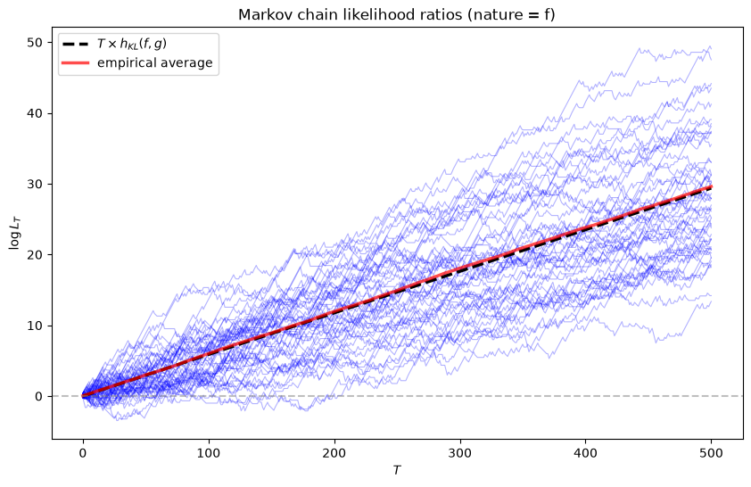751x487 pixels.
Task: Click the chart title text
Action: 397,14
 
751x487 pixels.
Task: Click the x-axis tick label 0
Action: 83,453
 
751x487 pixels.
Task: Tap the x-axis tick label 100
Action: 209,453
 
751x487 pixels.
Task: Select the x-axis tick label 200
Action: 334,453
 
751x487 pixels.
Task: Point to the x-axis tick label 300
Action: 460,453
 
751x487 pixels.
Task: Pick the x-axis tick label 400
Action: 586,453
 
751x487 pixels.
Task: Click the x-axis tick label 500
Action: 712,453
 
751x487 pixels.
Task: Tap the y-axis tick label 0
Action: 38,397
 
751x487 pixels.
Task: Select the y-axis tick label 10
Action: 35,326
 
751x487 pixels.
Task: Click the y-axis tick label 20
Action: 35,255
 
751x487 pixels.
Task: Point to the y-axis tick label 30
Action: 35,184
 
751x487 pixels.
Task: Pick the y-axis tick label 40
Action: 35,113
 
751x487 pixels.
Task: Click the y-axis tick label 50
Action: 35,43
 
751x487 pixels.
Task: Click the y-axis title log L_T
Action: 15,233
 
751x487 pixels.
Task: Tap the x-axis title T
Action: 397,470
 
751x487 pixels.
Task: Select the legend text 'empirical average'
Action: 154,62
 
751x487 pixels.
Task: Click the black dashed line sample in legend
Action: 76,44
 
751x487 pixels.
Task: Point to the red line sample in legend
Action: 76,62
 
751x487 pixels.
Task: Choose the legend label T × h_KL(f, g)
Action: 132,44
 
